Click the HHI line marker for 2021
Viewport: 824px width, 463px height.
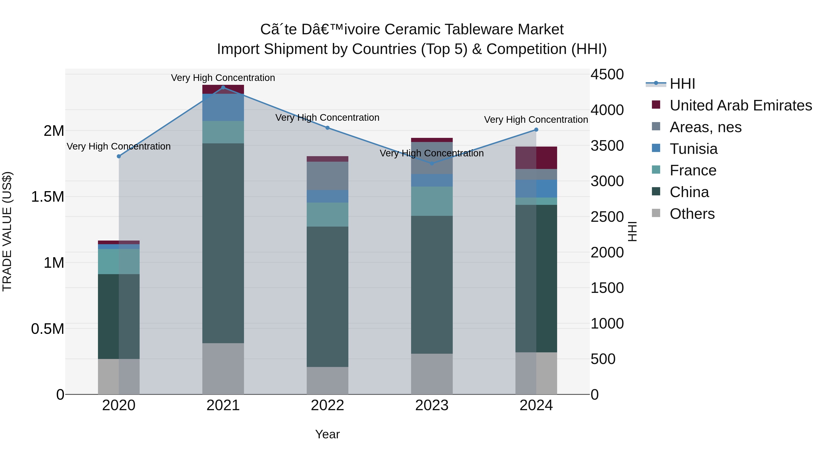223,87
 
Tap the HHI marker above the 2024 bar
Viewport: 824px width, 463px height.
536,130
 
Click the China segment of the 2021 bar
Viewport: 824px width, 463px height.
223,243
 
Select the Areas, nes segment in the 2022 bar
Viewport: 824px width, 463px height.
327,176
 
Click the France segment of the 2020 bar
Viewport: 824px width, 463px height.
119,261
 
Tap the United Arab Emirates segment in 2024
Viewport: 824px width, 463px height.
536,158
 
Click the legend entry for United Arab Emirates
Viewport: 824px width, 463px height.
740,105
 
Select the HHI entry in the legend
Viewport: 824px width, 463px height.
682,84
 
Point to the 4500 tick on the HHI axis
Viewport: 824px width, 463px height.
607,75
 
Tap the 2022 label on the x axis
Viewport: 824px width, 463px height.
327,405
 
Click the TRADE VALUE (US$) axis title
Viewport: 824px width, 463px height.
7,231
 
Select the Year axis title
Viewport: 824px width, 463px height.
327,434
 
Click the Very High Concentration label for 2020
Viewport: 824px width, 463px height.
119,146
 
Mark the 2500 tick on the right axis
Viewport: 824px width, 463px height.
607,217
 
